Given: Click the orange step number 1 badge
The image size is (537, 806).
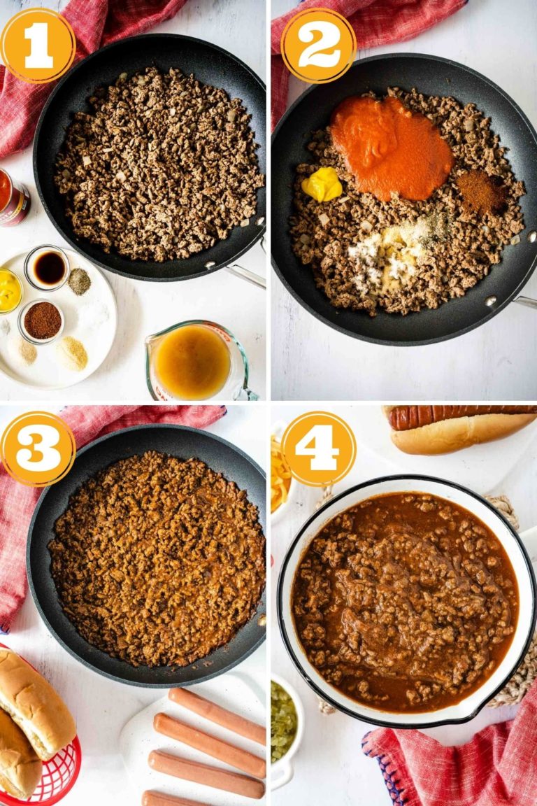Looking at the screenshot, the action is (x=38, y=45).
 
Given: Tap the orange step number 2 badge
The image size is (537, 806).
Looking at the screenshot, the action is (x=319, y=45).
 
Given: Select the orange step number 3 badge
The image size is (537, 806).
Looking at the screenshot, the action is (x=38, y=448).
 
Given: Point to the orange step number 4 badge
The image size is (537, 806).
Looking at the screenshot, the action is (x=319, y=448).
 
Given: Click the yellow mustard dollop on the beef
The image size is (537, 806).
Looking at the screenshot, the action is (x=322, y=184).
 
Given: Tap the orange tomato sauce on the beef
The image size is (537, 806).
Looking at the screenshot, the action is (x=392, y=148).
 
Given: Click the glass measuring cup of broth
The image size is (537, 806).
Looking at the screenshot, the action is (x=198, y=361).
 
